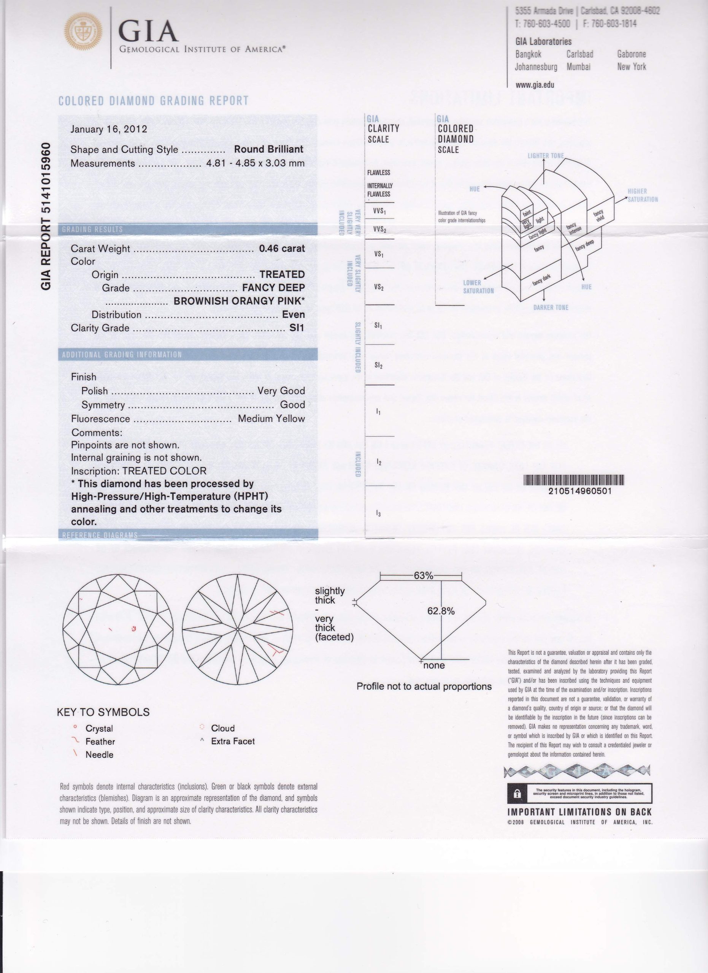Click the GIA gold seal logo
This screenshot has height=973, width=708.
(83, 31)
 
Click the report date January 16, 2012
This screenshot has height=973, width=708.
(109, 129)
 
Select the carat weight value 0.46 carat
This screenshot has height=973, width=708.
(281, 249)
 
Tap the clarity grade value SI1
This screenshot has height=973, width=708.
(297, 328)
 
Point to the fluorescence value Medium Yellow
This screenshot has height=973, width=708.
(271, 418)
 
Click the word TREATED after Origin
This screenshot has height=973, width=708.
(282, 274)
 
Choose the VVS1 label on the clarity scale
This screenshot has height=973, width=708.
(379, 211)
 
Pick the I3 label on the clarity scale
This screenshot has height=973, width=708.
(378, 513)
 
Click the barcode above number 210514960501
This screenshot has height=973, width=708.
(574, 480)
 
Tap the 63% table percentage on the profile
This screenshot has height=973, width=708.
(423, 576)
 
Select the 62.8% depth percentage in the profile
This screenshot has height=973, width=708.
(441, 611)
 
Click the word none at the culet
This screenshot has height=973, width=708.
(434, 666)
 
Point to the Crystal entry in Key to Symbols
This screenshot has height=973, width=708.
(99, 729)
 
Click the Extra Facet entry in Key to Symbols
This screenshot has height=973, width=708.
(233, 741)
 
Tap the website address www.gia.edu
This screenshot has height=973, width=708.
(535, 85)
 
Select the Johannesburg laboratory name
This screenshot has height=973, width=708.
(536, 67)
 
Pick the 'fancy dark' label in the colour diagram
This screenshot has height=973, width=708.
(541, 280)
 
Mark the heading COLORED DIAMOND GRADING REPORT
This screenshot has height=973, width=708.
(154, 101)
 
